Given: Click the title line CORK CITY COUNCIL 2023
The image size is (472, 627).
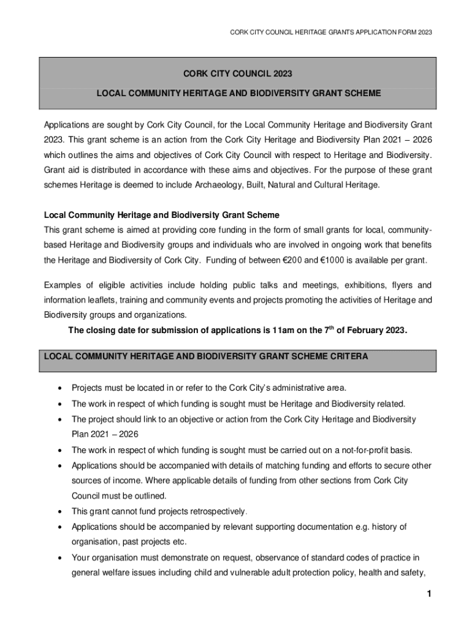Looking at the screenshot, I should coord(238,74).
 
